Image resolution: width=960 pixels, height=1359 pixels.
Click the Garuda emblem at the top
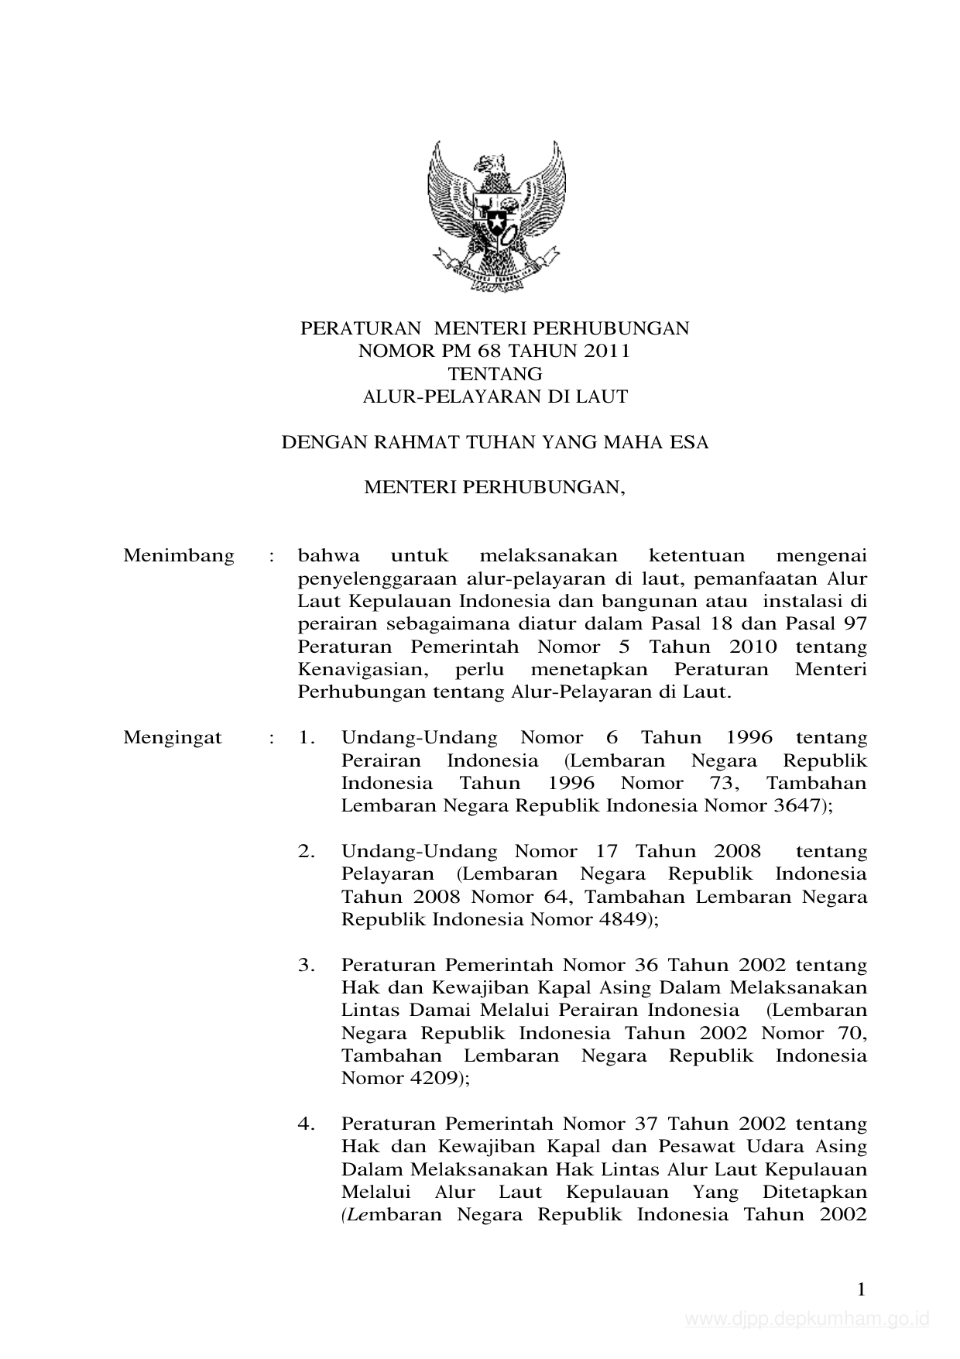click(x=495, y=214)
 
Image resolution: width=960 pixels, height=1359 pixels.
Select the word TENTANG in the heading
click(x=495, y=374)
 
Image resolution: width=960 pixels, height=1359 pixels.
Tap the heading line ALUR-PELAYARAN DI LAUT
click(x=495, y=397)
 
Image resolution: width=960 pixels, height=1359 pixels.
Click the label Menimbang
click(x=179, y=556)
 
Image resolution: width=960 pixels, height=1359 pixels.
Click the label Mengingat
click(x=173, y=737)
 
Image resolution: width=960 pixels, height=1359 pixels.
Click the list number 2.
click(x=307, y=851)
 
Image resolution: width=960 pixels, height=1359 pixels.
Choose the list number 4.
click(x=307, y=1124)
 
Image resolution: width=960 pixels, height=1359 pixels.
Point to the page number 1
click(x=861, y=1289)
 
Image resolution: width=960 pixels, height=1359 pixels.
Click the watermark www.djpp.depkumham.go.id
click(x=807, y=1320)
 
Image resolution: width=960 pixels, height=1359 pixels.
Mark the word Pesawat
click(x=693, y=1146)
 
